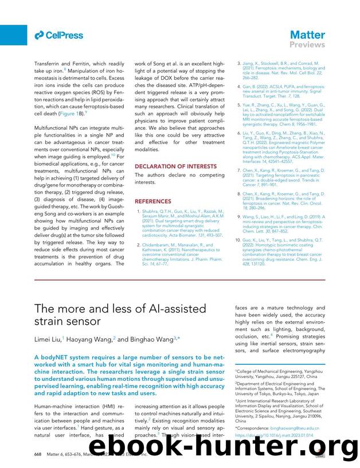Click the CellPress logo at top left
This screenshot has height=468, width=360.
coord(58,36)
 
